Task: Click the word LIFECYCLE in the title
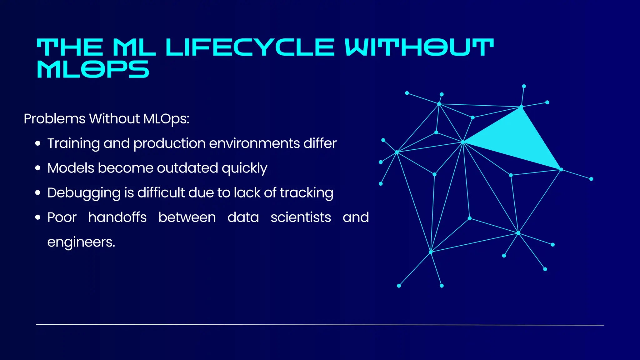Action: [x=250, y=47]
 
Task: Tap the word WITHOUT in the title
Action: [x=419, y=47]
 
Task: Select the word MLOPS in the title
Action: [x=93, y=69]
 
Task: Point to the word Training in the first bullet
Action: [x=73, y=144]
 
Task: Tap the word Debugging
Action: [x=83, y=193]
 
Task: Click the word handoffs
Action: [x=117, y=217]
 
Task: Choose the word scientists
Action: [x=301, y=217]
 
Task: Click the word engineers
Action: [x=81, y=242]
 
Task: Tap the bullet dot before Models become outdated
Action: [x=38, y=168]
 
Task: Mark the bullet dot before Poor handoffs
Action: [x=38, y=217]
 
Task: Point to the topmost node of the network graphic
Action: [x=524, y=86]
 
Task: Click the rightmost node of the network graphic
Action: [x=591, y=179]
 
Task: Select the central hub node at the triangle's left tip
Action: [x=463, y=142]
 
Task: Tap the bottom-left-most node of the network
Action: [x=399, y=286]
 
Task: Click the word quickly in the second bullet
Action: [x=244, y=168]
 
